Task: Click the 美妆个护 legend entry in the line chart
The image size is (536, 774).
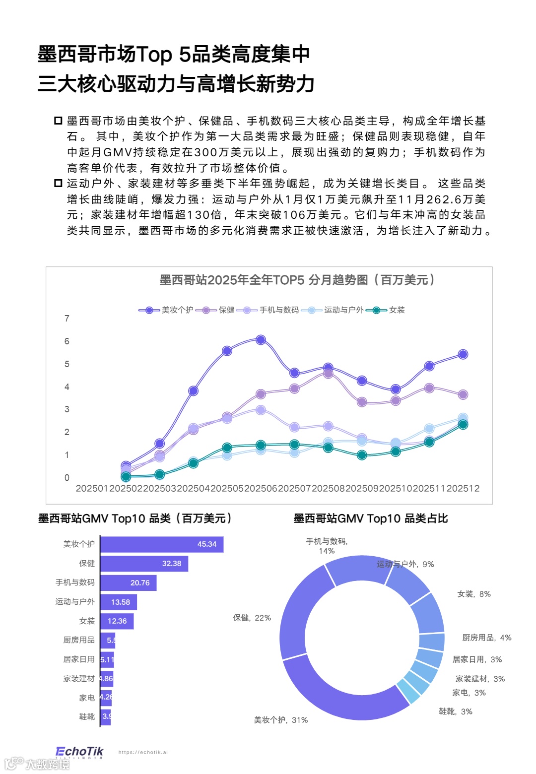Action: pyautogui.click(x=166, y=310)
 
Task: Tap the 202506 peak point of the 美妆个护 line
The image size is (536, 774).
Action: pyautogui.click(x=261, y=340)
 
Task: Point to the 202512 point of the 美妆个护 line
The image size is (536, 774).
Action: pyautogui.click(x=463, y=354)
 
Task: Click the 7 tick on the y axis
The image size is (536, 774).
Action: pyautogui.click(x=67, y=319)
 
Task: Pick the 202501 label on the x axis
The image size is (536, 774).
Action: pyautogui.click(x=92, y=488)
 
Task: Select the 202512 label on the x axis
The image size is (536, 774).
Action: pyautogui.click(x=463, y=488)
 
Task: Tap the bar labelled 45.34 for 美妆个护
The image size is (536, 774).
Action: pyautogui.click(x=162, y=544)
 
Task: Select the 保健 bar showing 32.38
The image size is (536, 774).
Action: pyautogui.click(x=144, y=564)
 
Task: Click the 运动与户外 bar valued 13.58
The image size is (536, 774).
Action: pyautogui.click(x=119, y=602)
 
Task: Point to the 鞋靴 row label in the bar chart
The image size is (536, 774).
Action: pyautogui.click(x=87, y=716)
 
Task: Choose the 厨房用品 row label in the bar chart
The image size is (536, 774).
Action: pyautogui.click(x=79, y=640)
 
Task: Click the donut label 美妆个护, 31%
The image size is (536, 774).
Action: pyautogui.click(x=281, y=720)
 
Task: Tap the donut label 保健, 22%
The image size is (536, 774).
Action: pyautogui.click(x=252, y=618)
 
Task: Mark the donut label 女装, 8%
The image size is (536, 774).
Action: pyautogui.click(x=474, y=594)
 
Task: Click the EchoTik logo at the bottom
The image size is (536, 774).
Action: pyautogui.click(x=79, y=752)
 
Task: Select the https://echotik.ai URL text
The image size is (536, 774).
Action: pyautogui.click(x=143, y=752)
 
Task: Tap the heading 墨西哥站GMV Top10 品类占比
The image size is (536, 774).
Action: pyautogui.click(x=371, y=518)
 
